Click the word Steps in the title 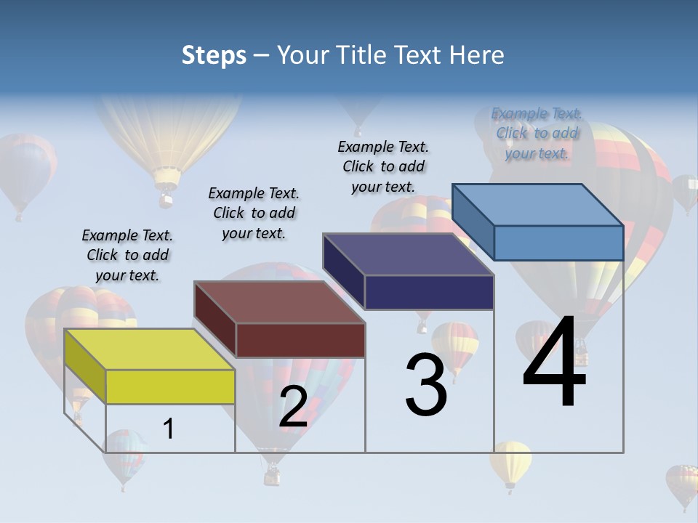pyautogui.click(x=214, y=56)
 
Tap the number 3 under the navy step pyautogui.click(x=426, y=385)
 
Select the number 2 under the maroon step pyautogui.click(x=293, y=408)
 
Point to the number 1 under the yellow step pyautogui.click(x=169, y=429)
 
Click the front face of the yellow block pyautogui.click(x=170, y=386)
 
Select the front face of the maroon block pyautogui.click(x=300, y=340)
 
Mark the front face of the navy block pyautogui.click(x=429, y=292)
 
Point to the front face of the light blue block pyautogui.click(x=558, y=243)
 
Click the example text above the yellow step pyautogui.click(x=127, y=256)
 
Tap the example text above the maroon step pyautogui.click(x=254, y=214)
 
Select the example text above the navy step pyautogui.click(x=383, y=167)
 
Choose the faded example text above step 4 pyautogui.click(x=537, y=133)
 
